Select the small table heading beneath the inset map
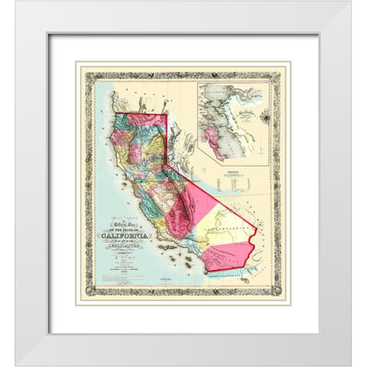[x=232, y=173]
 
